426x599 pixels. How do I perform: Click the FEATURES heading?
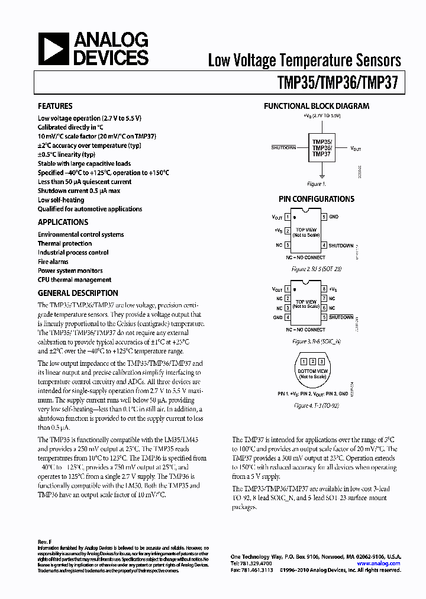[55, 106]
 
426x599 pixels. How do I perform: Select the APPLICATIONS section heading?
[63, 222]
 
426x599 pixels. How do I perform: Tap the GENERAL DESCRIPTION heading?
[78, 293]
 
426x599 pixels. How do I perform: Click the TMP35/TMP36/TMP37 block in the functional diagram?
[321, 148]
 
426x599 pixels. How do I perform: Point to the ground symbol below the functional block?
[321, 176]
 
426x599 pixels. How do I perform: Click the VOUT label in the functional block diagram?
[357, 149]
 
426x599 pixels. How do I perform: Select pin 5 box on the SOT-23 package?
[324, 217]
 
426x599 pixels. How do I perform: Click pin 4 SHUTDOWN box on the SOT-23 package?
[324, 245]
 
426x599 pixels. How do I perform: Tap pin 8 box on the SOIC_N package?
[324, 289]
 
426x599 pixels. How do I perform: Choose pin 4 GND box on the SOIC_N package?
[288, 317]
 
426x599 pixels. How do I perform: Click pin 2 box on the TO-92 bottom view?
[311, 361]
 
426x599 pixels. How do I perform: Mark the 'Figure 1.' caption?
[317, 184]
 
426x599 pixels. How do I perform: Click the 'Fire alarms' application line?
[53, 262]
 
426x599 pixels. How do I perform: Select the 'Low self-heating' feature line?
[61, 200]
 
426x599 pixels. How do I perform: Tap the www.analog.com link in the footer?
[379, 563]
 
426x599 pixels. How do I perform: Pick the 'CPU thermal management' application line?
[75, 280]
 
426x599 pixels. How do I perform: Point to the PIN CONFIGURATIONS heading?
[317, 199]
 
